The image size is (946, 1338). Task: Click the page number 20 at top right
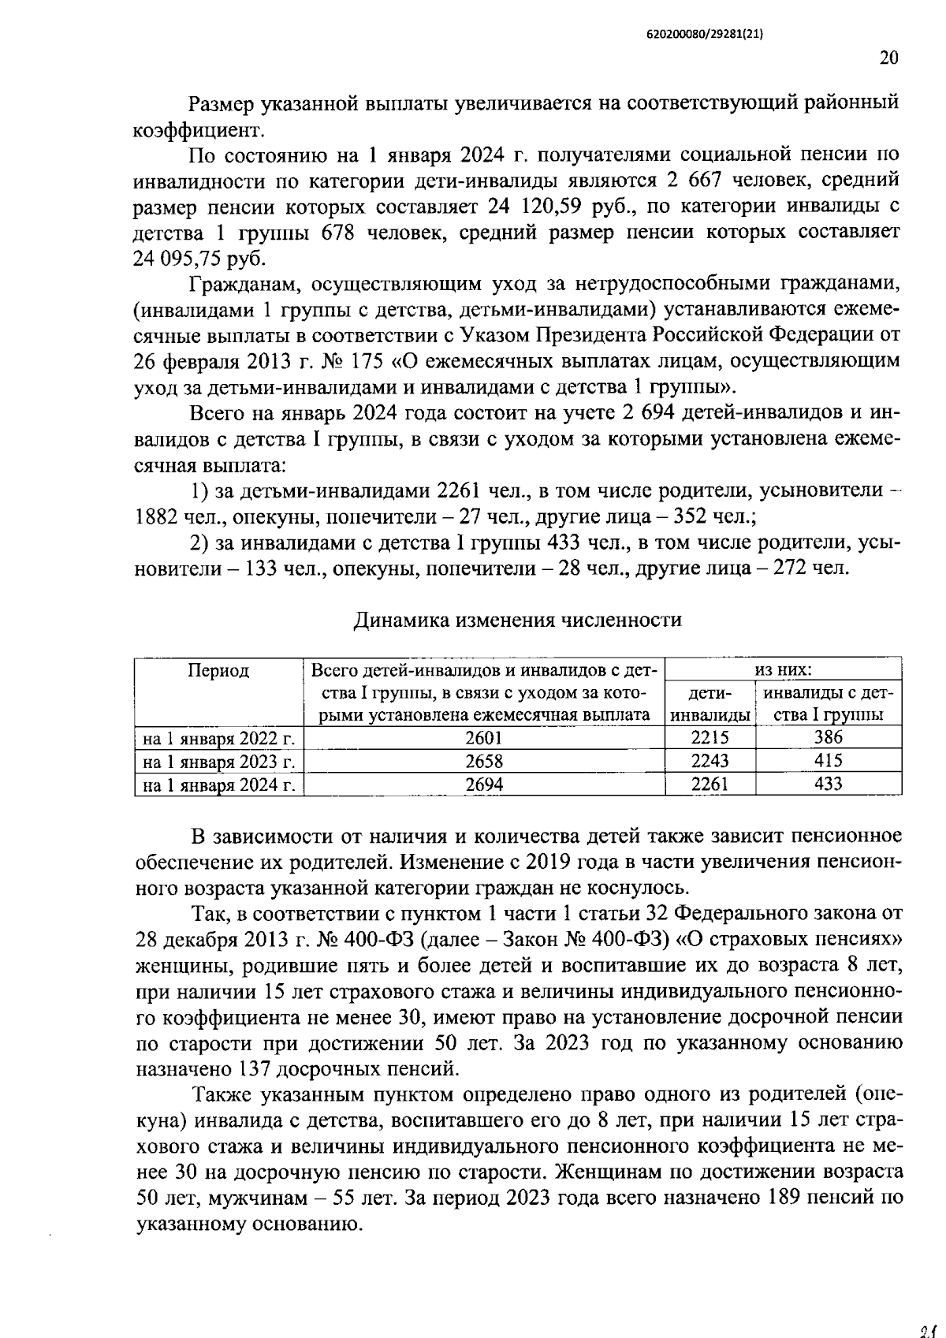coord(888,58)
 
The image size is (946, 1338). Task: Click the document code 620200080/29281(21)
coord(704,35)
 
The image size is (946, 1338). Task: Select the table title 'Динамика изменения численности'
coord(517,620)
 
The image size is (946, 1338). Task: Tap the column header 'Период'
coord(218,670)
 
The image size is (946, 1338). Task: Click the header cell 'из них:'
coord(783,669)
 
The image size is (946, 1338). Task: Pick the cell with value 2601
coord(484,738)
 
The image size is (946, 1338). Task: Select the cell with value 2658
coord(484,761)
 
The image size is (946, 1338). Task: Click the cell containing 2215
coord(709,738)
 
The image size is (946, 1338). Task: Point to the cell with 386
coord(828,738)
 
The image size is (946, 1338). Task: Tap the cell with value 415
coord(828,761)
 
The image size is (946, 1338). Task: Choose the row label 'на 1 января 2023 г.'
coord(218,762)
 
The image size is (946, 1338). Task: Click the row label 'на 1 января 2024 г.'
coord(218,785)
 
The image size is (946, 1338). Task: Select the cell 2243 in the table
coord(709,761)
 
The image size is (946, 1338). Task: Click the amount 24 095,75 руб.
coord(199,259)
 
